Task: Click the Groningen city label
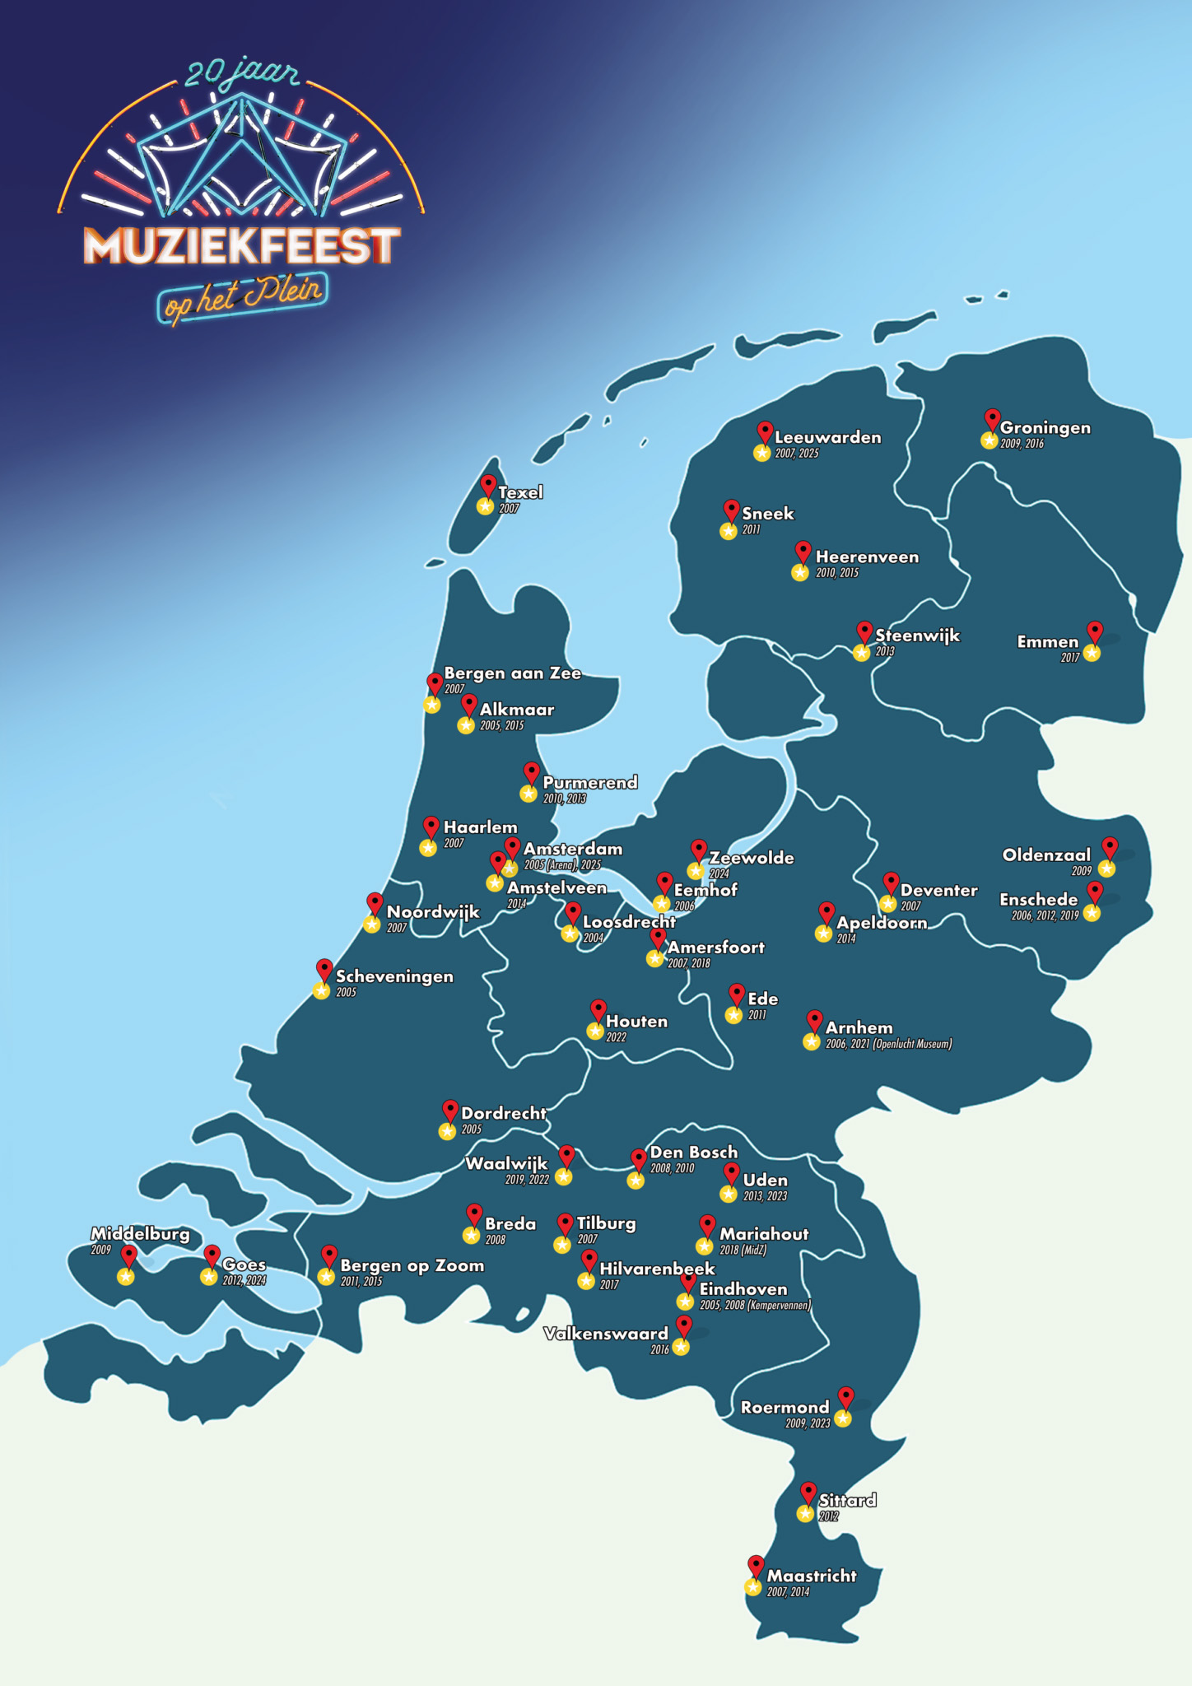(1045, 428)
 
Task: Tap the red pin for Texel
(488, 484)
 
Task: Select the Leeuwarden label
(827, 438)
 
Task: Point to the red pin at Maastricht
(756, 1565)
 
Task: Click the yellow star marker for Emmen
(1092, 653)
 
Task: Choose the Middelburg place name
(140, 1234)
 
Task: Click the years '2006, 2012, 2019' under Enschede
(1045, 915)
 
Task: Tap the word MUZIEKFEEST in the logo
(241, 245)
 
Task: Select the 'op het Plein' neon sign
(243, 296)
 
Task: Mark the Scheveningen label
(394, 976)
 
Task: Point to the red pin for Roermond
(845, 1396)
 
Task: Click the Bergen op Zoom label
(412, 1266)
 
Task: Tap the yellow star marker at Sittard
(805, 1513)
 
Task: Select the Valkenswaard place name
(606, 1334)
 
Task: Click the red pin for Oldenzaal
(1110, 846)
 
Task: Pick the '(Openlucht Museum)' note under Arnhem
(912, 1044)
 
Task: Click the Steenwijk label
(917, 636)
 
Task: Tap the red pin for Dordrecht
(449, 1109)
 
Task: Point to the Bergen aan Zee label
(512, 673)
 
